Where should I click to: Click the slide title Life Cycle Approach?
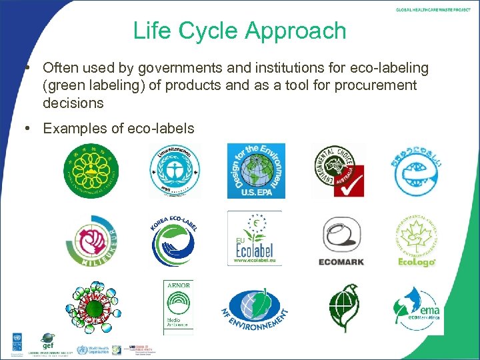[239, 31]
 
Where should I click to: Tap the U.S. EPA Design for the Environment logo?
[256, 171]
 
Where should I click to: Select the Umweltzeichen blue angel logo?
[175, 171]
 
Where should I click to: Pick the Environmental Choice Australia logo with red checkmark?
[339, 171]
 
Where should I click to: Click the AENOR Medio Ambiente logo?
[178, 304]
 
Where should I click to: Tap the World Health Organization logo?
[93, 350]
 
